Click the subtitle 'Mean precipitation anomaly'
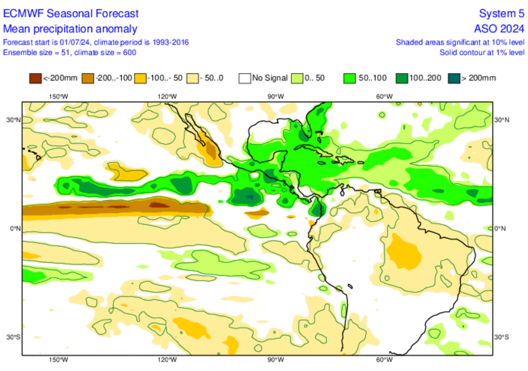coord(70,29)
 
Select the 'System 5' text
coord(501,13)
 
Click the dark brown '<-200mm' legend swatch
coord(35,78)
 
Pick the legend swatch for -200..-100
coord(87,78)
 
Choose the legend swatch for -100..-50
coord(140,78)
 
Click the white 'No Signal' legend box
coord(244,78)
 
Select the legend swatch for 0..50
coord(296,78)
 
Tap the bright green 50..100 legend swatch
coord(349,78)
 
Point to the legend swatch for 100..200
coord(401,78)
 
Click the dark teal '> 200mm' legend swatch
coord(453,78)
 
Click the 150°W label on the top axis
coord(58,96)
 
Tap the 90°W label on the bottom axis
coord(275,360)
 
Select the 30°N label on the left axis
coord(13,120)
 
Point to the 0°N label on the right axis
coord(501,228)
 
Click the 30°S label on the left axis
coord(13,337)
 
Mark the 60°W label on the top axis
coord(384,96)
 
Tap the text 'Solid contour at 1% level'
coord(482,52)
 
